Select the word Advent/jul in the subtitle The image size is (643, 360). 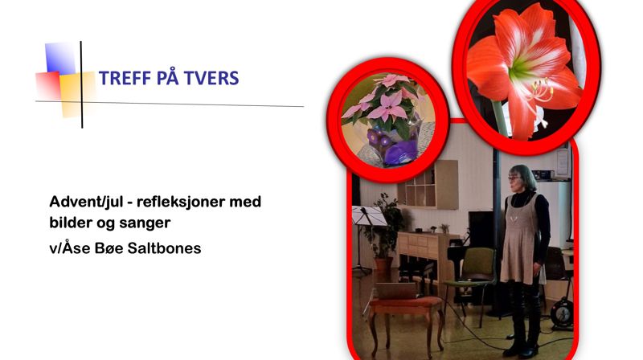(84, 202)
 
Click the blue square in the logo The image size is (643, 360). (59, 58)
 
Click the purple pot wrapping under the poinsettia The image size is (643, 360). (397, 149)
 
